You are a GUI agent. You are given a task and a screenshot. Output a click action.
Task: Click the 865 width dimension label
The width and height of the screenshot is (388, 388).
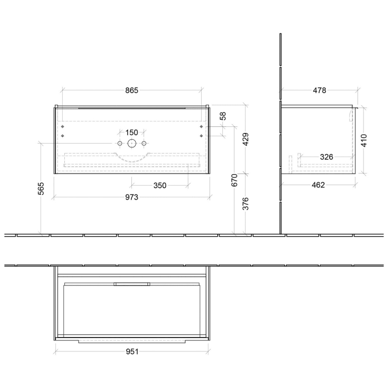[131, 90]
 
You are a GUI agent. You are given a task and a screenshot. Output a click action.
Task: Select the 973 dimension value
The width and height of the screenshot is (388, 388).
[131, 197]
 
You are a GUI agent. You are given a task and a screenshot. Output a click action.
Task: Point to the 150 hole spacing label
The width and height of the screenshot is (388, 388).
[131, 132]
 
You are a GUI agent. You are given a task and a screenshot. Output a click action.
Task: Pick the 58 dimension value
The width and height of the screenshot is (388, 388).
[223, 116]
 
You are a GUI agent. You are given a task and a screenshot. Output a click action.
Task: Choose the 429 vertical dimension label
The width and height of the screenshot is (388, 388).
[245, 139]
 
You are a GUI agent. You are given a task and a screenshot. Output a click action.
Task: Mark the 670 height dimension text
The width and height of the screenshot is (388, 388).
[234, 180]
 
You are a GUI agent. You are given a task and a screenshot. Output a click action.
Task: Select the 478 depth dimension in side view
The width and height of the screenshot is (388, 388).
[320, 90]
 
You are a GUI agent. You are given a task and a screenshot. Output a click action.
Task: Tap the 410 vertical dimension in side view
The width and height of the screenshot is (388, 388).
[364, 139]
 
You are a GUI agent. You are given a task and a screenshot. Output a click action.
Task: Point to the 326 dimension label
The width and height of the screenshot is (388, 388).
[326, 157]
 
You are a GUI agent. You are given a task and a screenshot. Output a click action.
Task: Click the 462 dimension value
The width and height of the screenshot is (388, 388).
[318, 185]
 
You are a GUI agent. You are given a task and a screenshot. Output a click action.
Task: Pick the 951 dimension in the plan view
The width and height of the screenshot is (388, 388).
[131, 351]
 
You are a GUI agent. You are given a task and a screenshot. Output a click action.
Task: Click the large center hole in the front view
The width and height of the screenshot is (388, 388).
[132, 144]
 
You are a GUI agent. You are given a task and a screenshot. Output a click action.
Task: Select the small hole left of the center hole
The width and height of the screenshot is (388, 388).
[119, 144]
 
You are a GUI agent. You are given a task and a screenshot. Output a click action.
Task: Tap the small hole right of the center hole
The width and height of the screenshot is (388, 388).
[144, 144]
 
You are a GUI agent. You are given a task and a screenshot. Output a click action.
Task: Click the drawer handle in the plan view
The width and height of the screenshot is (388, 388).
[131, 284]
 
